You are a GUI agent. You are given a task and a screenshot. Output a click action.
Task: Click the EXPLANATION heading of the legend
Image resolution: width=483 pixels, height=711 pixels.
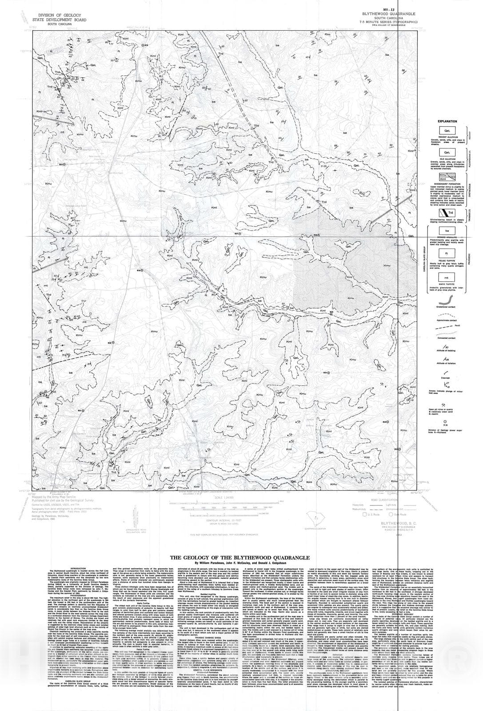447,121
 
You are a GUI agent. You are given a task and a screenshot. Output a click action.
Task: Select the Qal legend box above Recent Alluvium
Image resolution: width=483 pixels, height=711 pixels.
447,131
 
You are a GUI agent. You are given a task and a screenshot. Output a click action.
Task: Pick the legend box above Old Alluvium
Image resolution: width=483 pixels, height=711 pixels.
447,152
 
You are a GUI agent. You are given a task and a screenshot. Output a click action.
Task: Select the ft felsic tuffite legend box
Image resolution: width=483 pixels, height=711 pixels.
447,253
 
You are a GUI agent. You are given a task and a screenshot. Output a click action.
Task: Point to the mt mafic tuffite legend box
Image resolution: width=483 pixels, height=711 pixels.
447,277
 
